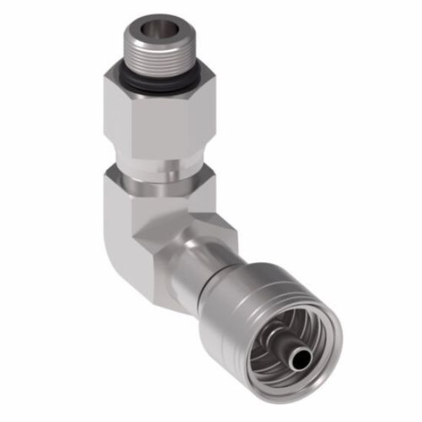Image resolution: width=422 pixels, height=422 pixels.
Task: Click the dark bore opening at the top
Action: click(x=159, y=28)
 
